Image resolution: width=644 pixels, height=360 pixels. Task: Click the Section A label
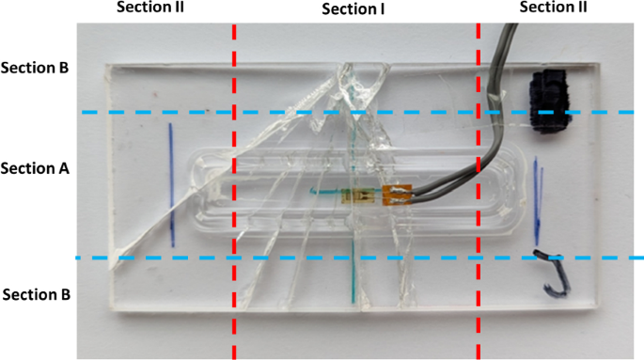[34, 169]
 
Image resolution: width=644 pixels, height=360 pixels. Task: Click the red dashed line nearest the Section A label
[234, 188]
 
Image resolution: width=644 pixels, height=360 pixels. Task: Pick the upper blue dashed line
[282, 113]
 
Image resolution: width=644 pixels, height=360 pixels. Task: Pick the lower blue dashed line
[282, 258]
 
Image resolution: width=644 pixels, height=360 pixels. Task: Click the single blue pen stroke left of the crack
[171, 183]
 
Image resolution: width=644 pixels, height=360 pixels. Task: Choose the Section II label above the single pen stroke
[150, 8]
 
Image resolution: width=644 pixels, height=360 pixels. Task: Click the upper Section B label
[36, 69]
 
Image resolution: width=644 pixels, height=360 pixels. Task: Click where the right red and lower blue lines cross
[479, 258]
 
